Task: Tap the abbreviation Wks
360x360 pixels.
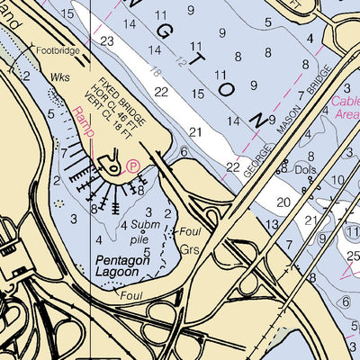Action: [61, 78]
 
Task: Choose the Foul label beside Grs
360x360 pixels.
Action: [190, 230]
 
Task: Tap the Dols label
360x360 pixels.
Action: [308, 167]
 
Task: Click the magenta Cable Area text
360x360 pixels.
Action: [346, 109]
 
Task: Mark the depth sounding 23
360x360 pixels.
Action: [107, 41]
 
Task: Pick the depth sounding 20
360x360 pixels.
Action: [283, 202]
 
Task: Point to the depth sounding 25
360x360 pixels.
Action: [351, 260]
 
